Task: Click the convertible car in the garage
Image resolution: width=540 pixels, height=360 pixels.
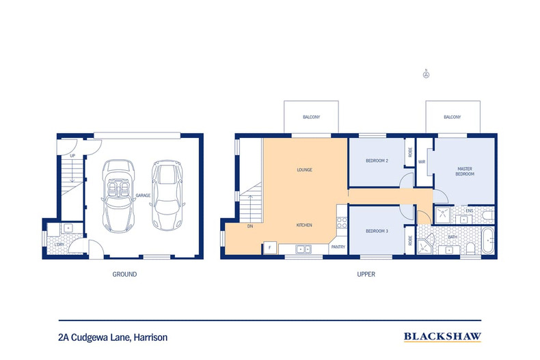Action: click(118, 195)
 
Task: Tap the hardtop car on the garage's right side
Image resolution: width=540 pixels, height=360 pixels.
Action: click(167, 195)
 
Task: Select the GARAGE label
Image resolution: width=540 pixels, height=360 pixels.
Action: click(143, 195)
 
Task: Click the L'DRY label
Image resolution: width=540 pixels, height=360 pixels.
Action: click(59, 245)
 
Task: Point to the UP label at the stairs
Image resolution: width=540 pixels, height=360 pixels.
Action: click(72, 156)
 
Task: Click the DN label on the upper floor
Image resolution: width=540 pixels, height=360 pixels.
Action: click(250, 226)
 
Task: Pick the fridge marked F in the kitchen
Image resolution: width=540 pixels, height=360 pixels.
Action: click(270, 248)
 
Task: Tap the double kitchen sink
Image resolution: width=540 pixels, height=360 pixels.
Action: click(303, 249)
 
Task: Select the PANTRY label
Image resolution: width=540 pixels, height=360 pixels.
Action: click(338, 247)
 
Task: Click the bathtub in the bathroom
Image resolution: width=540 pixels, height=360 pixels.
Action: click(487, 240)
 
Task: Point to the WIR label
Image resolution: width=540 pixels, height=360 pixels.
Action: click(422, 162)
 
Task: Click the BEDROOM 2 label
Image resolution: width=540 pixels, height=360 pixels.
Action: click(377, 161)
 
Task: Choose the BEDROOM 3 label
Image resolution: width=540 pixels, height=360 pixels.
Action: click(377, 231)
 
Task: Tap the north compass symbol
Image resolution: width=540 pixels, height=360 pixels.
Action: click(426, 74)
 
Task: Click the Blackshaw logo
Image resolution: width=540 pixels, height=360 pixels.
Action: click(442, 337)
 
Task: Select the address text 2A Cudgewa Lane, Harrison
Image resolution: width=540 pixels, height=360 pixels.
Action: click(113, 337)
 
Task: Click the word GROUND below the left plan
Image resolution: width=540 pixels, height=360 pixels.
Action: click(124, 275)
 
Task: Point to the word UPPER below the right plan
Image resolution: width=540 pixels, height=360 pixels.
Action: click(366, 275)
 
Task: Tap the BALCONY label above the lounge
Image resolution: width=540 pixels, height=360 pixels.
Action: click(311, 117)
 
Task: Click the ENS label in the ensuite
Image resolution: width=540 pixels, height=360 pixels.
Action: click(470, 210)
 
